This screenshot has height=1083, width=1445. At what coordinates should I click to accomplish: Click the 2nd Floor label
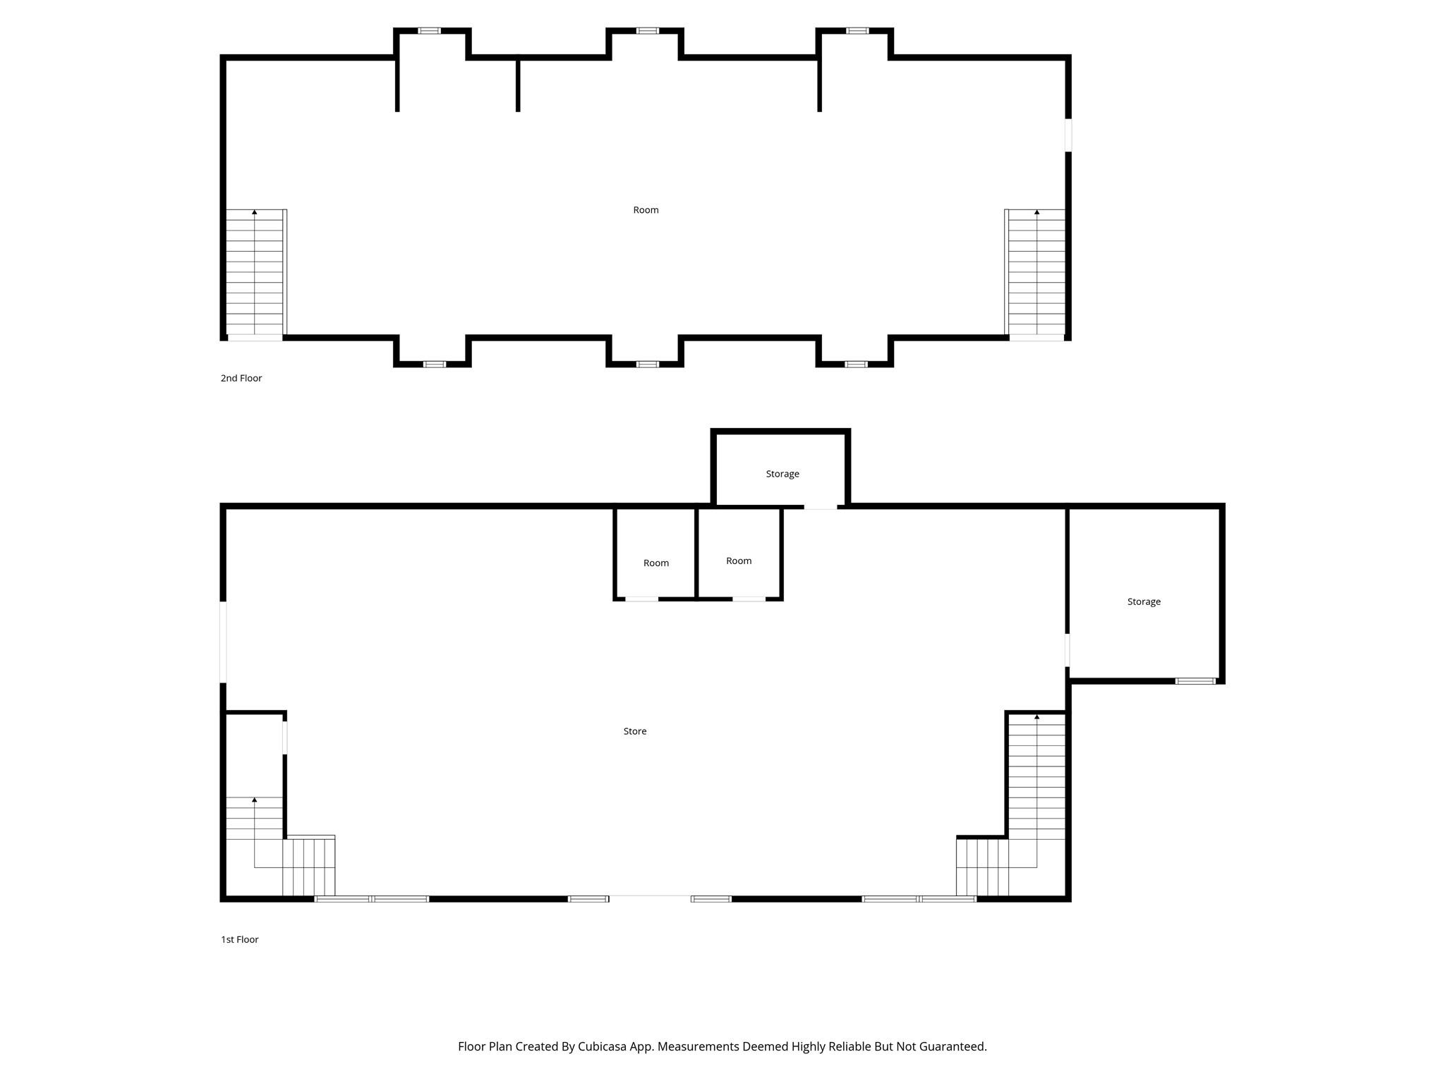point(241,378)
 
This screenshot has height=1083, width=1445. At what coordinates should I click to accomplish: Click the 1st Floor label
point(239,939)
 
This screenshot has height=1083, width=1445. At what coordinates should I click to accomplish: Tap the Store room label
point(634,731)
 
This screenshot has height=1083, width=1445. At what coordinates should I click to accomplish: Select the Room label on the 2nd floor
point(646,210)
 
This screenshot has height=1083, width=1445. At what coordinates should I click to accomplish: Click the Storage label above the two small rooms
point(782,474)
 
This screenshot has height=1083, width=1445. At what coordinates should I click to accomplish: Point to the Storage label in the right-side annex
point(1143,601)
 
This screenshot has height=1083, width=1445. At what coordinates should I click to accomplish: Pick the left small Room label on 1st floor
point(655,563)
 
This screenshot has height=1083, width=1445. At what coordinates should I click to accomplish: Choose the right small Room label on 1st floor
point(739,561)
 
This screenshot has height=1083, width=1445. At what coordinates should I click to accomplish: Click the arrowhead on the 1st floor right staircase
point(1036,717)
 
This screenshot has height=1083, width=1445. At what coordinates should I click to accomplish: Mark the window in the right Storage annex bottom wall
point(1195,681)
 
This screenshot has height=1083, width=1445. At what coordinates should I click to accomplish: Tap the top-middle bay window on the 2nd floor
point(647,31)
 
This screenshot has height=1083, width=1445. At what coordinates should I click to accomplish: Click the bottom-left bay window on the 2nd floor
point(434,365)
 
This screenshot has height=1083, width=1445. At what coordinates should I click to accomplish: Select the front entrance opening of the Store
point(649,898)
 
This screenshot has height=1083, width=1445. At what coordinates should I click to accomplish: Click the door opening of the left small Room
point(641,599)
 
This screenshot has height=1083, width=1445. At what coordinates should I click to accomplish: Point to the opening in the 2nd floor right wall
point(1068,135)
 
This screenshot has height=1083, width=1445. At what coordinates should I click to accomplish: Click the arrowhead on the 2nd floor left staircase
point(255,212)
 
